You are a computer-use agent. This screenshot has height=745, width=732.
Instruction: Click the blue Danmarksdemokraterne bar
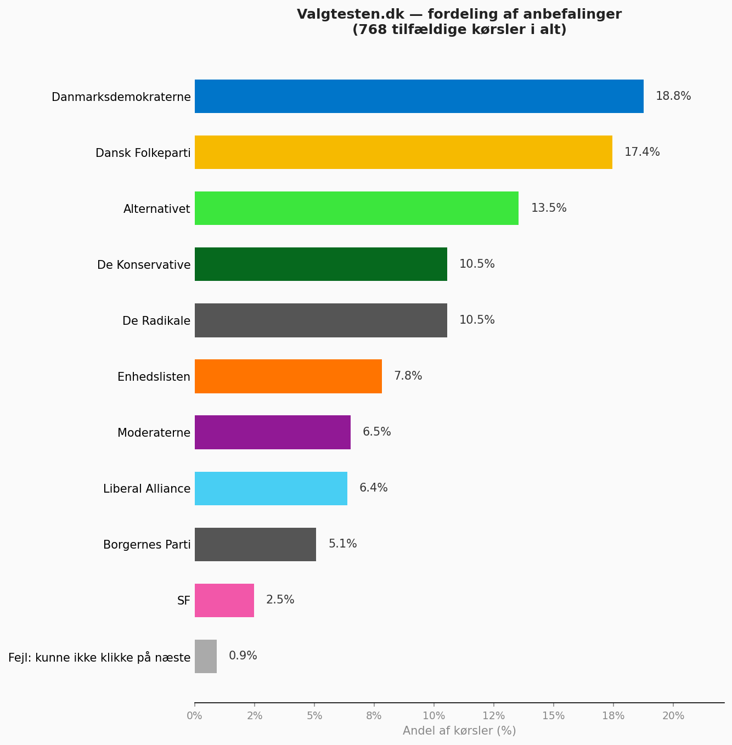419,97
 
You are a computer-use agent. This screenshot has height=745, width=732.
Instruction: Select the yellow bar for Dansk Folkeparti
403,153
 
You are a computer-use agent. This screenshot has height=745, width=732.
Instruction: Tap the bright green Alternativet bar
357,208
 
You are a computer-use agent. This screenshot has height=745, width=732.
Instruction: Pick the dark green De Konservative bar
321,264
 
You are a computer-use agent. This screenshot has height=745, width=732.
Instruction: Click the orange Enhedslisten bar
288,376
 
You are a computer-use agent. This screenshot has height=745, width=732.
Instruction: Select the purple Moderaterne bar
273,432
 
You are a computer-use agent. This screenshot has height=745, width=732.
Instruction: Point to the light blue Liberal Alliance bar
271,488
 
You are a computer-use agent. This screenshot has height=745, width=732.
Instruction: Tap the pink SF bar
224,600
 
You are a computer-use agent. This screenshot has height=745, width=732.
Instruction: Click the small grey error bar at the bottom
206,656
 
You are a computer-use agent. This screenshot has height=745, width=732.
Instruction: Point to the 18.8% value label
673,97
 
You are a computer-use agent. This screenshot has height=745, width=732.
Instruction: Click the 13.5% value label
549,208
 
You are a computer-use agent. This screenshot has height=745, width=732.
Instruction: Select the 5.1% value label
343,544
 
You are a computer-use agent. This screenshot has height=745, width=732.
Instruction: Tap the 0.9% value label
243,656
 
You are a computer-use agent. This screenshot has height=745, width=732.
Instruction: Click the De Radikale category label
156,321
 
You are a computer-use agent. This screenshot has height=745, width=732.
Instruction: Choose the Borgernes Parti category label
147,545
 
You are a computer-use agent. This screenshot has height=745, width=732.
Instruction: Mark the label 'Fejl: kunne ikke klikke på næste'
99,657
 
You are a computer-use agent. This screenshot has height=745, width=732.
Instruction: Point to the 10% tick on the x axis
433,715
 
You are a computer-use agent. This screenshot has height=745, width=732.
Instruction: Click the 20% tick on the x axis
673,715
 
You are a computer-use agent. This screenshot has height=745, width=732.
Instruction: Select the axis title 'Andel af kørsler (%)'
459,731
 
